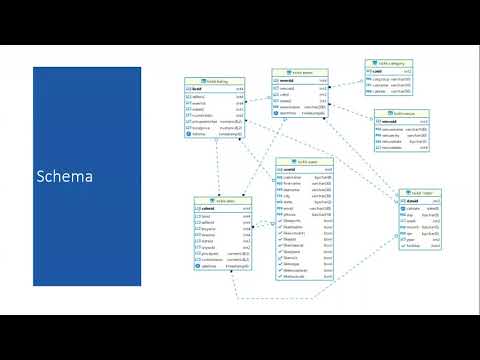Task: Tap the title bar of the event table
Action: point(300,73)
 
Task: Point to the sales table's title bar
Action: point(222,200)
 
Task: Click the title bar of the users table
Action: point(304,162)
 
